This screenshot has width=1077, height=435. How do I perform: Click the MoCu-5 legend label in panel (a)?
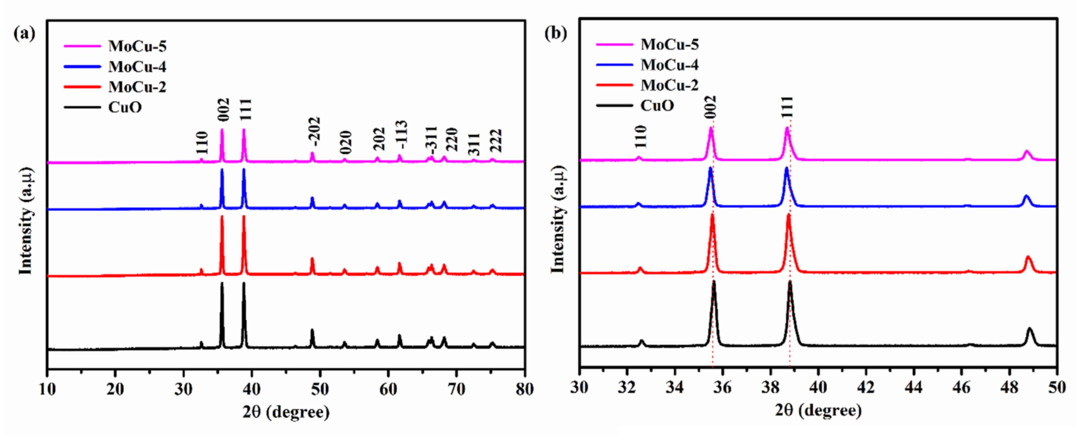tap(137, 46)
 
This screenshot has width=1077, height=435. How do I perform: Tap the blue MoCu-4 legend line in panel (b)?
tap(614, 65)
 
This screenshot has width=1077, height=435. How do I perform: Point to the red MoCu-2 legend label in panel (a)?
tap(137, 87)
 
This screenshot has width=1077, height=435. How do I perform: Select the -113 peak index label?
tap(401, 135)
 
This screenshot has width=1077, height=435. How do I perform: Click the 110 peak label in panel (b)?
tap(640, 137)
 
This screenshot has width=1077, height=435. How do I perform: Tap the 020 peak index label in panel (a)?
tap(346, 142)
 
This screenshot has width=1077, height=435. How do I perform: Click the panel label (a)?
tap(24, 33)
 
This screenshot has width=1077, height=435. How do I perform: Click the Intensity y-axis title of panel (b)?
tap(558, 219)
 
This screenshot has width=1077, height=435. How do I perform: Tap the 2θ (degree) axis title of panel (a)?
tap(286, 412)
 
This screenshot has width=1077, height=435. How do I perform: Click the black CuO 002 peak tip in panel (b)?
tap(714, 282)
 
